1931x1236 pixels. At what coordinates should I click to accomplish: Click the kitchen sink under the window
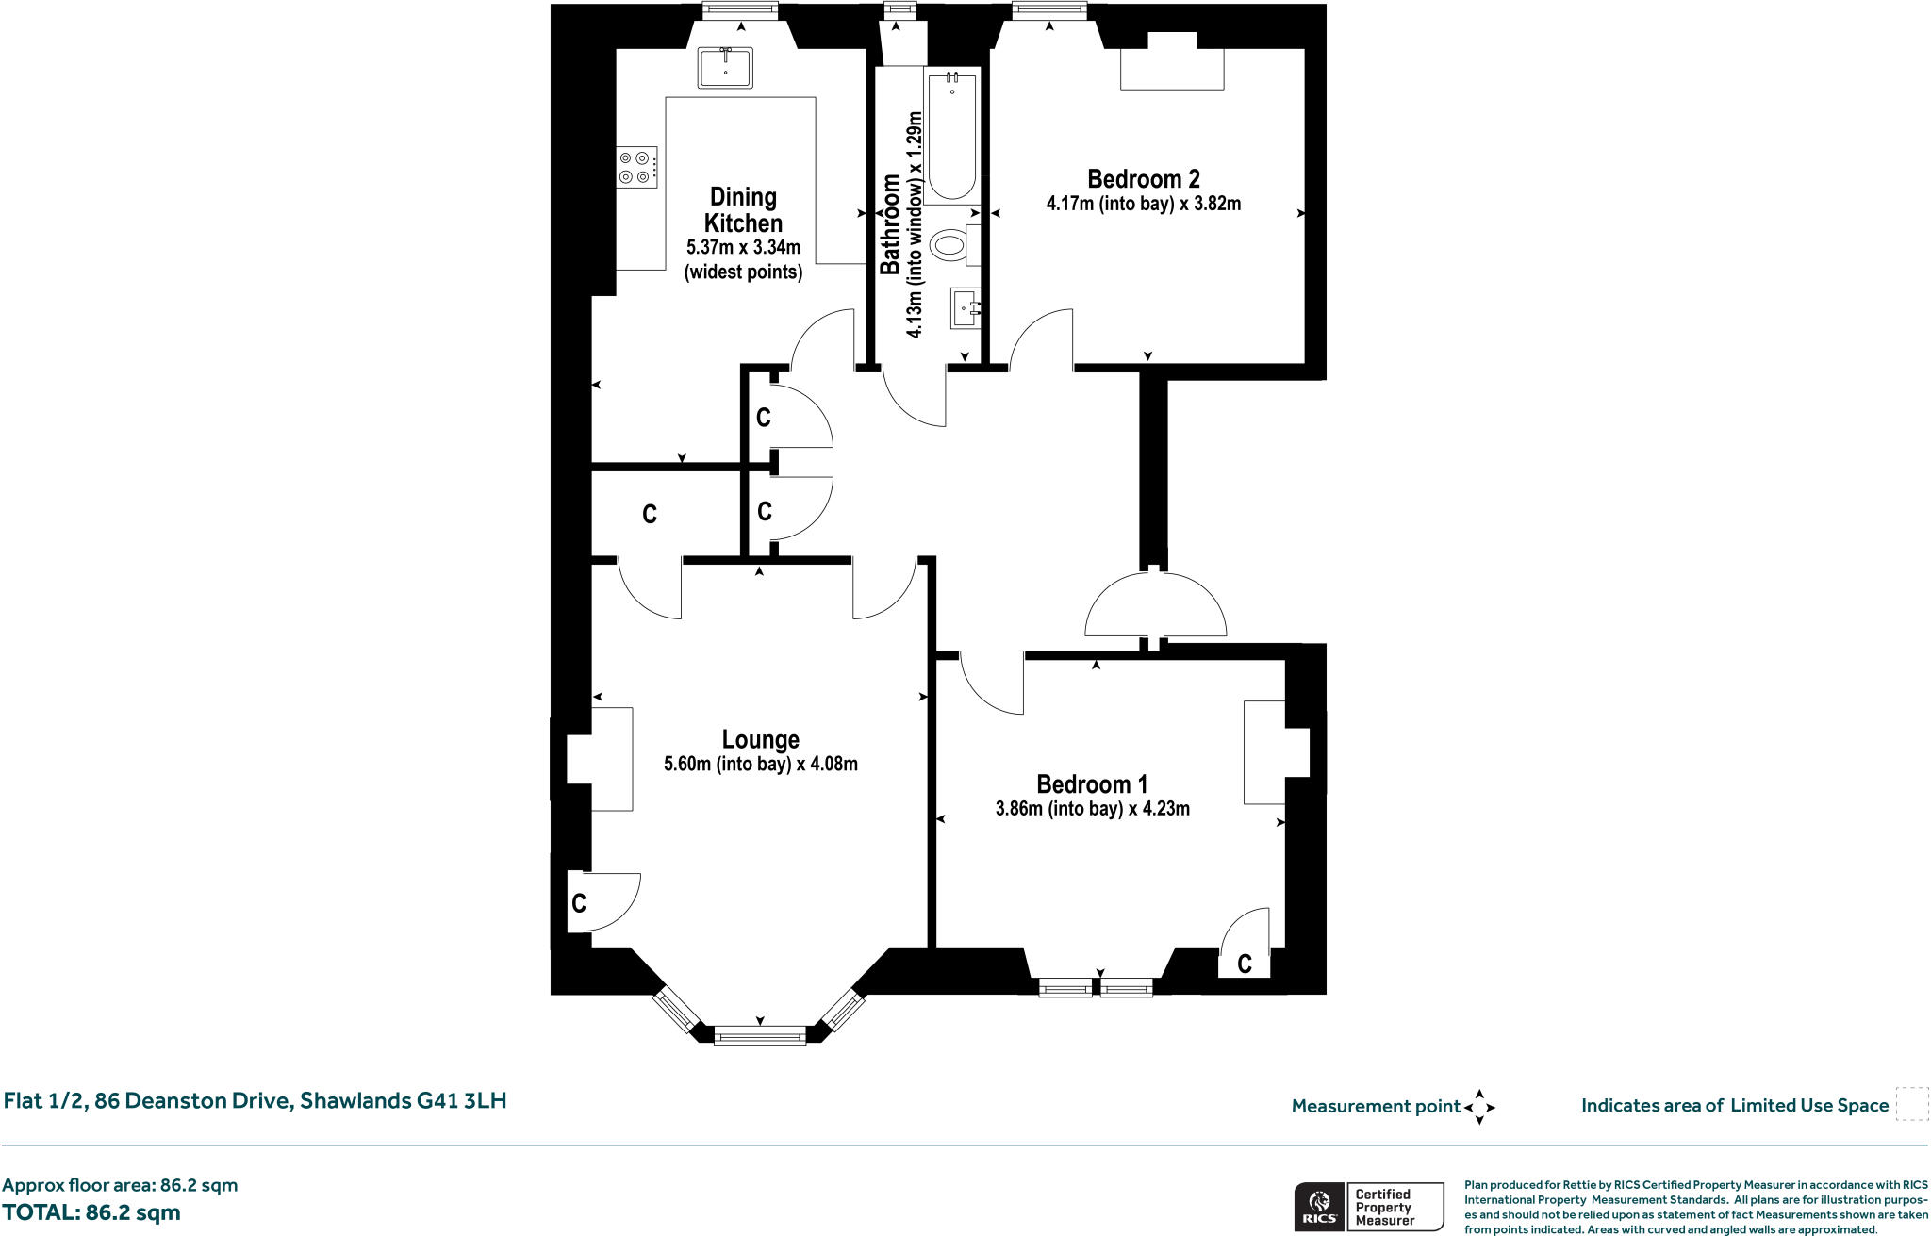coord(725,68)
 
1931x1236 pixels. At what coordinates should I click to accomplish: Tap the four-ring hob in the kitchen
coord(635,167)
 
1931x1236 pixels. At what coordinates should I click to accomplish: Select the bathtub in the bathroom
coord(952,137)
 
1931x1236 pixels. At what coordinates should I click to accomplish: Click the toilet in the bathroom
coord(950,247)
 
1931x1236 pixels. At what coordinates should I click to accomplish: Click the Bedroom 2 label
coord(1143,179)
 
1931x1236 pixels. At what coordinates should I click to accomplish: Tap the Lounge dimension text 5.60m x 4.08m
coord(760,764)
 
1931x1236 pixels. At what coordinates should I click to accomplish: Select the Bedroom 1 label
coord(1092,784)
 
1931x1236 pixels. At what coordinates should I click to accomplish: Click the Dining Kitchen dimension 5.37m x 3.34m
coord(744,249)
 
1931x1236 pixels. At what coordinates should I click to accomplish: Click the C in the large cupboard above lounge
coord(649,515)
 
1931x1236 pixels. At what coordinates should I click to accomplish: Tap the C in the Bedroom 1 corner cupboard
coord(1244,964)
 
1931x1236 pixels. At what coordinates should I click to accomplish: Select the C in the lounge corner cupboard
coord(579,903)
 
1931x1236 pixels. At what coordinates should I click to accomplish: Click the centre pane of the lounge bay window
coord(760,1037)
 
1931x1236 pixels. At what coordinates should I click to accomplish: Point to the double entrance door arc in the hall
coord(1156,606)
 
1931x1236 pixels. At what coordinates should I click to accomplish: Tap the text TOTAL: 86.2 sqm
coord(91,1212)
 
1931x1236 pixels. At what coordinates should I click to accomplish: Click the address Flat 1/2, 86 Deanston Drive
coord(255,1100)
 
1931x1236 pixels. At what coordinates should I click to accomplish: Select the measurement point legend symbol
coord(1479,1107)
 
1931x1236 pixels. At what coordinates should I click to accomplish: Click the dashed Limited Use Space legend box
coord(1911,1104)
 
